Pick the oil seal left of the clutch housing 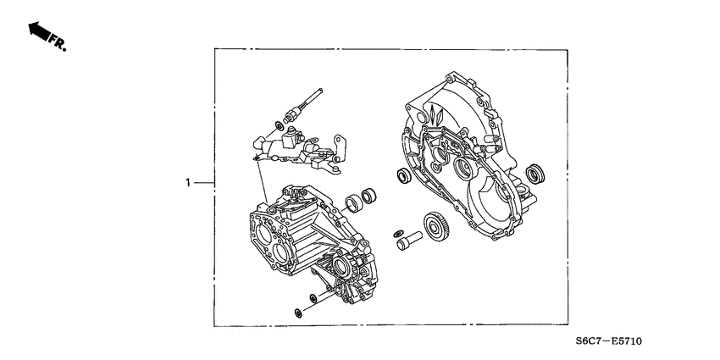coord(403,176)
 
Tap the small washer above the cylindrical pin coord(397,233)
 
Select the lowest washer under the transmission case coord(298,314)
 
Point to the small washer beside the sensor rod coord(279,127)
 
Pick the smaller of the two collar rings coord(369,198)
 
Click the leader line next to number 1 coord(204,182)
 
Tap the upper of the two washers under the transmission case coord(313,296)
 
